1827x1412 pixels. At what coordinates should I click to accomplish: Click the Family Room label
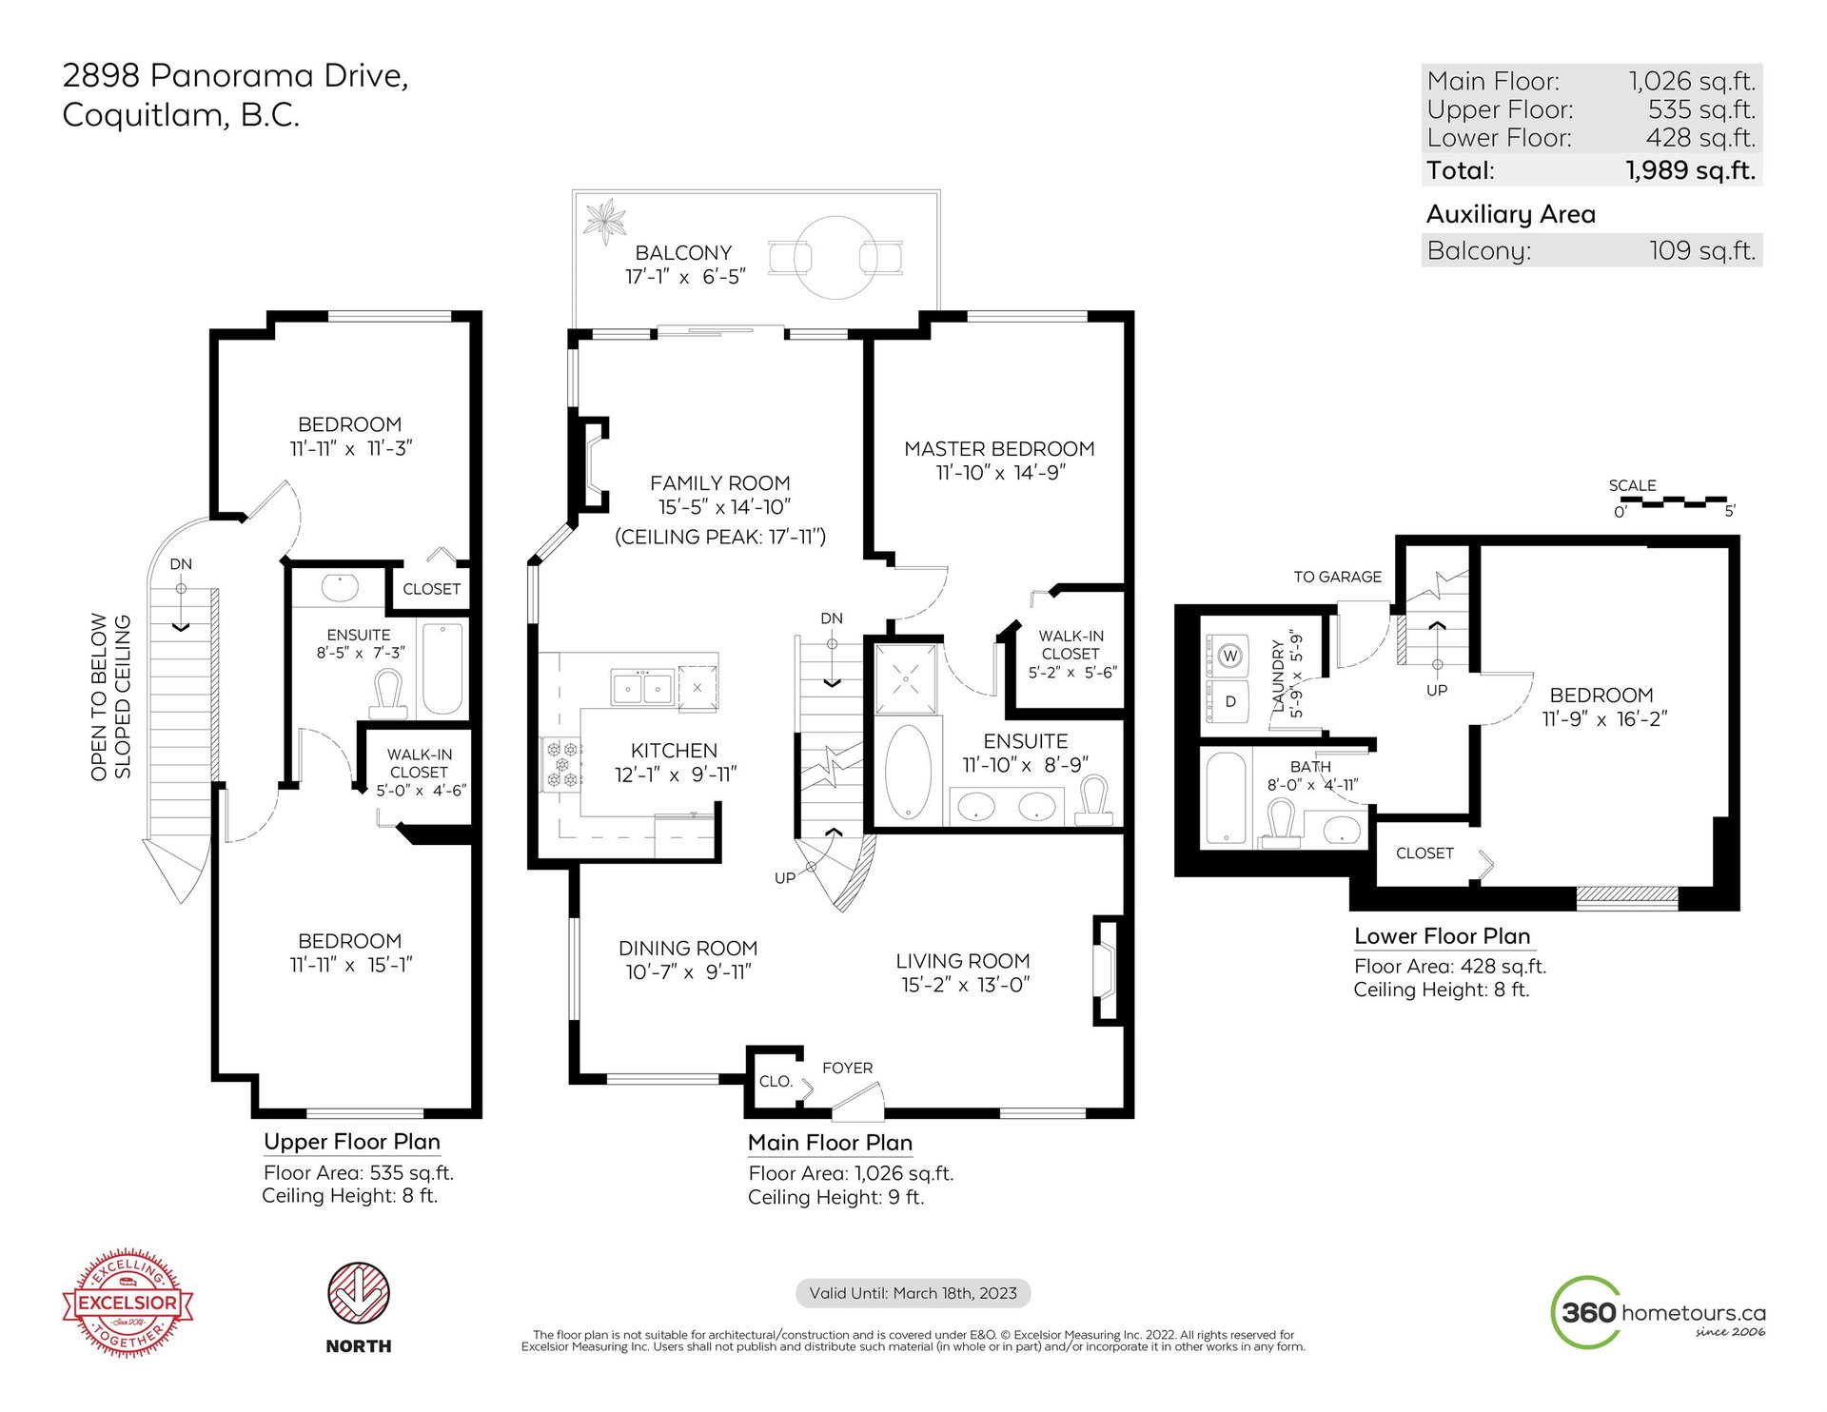click(x=719, y=483)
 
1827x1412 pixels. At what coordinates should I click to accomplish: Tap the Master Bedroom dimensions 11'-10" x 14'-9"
click(x=1000, y=473)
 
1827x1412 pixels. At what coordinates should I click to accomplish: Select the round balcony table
click(x=835, y=258)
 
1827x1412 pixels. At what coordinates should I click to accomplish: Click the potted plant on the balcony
click(x=604, y=222)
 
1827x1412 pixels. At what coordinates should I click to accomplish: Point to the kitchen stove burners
click(x=561, y=765)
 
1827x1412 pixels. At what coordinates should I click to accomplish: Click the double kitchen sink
click(x=642, y=687)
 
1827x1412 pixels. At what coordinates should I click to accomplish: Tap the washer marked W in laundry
click(x=1229, y=656)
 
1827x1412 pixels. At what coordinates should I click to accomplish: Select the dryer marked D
click(x=1229, y=701)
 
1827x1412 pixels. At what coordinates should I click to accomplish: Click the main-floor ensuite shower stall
click(x=906, y=679)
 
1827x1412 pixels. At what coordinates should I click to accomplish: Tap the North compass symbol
click(x=359, y=1294)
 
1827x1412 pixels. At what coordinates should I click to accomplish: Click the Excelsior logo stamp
click(x=128, y=1303)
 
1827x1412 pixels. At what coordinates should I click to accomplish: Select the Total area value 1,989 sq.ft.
click(x=1690, y=170)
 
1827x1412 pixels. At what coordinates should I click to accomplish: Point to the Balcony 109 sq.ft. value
click(x=1702, y=251)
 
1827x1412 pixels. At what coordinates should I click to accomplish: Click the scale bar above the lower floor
click(x=1672, y=500)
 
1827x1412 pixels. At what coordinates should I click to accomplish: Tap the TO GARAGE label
click(x=1337, y=577)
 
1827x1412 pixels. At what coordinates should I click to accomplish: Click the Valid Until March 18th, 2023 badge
click(x=913, y=1293)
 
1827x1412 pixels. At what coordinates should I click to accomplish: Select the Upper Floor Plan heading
click(x=352, y=1142)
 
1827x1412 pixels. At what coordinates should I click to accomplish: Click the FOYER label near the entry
click(x=847, y=1069)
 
